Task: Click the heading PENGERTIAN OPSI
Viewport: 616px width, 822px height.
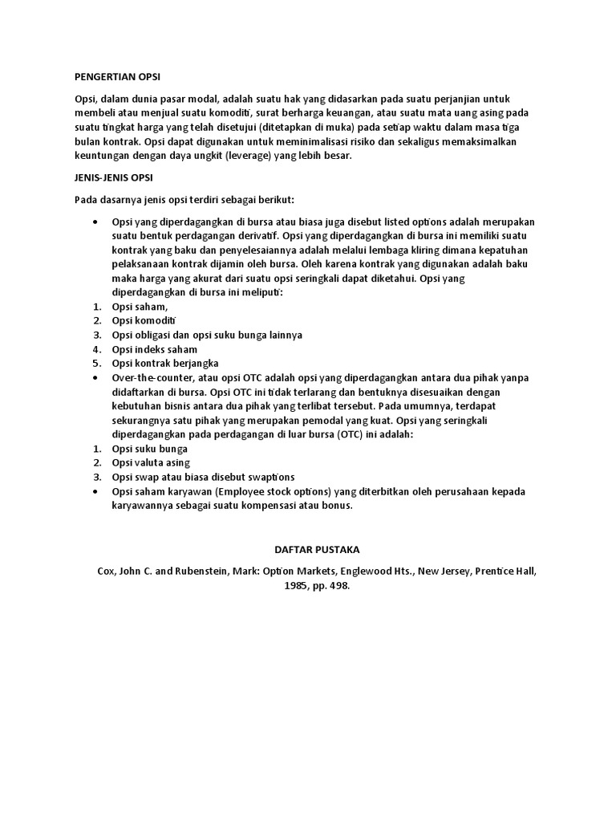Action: [x=117, y=77]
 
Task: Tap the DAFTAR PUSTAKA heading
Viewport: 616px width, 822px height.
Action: [x=313, y=550]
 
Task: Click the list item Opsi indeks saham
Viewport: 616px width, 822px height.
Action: [x=155, y=349]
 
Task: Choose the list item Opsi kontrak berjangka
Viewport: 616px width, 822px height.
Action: [x=166, y=364]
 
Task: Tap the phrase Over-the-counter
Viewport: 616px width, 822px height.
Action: [x=150, y=378]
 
